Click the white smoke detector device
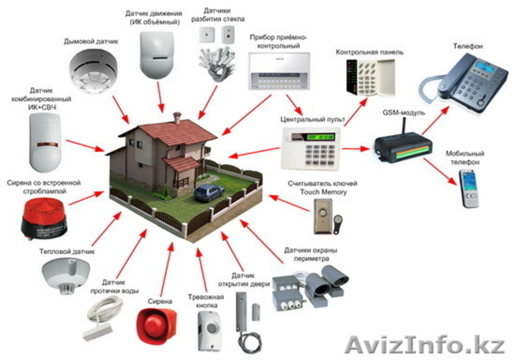[94, 68]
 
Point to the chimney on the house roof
[178, 117]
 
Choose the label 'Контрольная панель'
[364, 51]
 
